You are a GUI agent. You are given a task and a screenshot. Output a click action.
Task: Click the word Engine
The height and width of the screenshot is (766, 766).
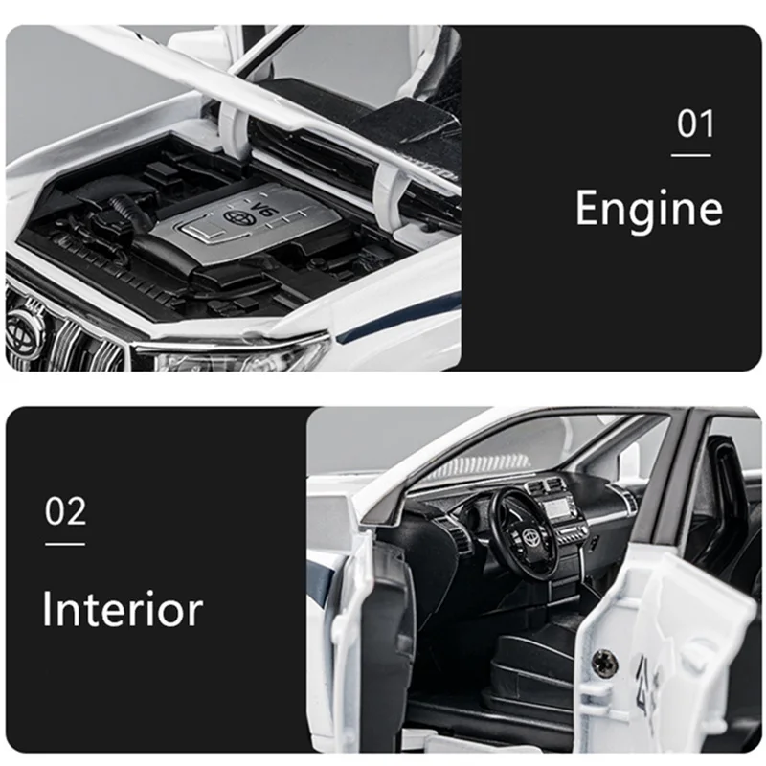pyautogui.click(x=649, y=208)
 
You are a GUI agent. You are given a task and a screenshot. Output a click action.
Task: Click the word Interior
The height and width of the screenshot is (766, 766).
pyautogui.click(x=123, y=609)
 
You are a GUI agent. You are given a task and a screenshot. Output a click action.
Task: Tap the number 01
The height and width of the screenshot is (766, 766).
pyautogui.click(x=696, y=124)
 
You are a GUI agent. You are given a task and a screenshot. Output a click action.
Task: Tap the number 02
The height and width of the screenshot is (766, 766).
pyautogui.click(x=65, y=510)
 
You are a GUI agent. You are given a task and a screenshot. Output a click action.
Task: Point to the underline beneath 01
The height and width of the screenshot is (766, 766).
pyautogui.click(x=690, y=155)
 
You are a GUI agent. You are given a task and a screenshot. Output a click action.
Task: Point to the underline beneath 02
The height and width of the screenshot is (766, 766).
pyautogui.click(x=65, y=543)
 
